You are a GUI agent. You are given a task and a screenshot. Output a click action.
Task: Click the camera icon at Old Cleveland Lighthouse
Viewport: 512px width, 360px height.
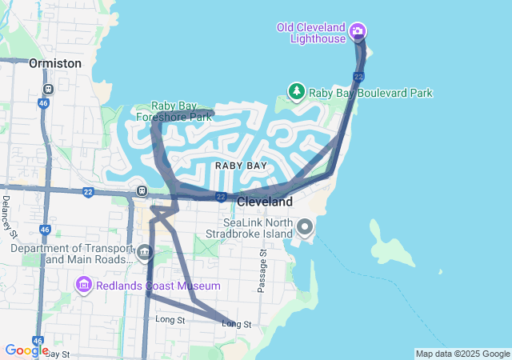tap(358, 32)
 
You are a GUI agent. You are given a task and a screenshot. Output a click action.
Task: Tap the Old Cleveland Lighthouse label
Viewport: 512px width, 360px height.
tap(311, 33)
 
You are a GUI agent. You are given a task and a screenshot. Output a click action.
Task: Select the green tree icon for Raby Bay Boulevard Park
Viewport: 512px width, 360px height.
tap(297, 93)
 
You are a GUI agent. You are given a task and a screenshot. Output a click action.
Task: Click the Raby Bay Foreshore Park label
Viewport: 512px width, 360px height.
tap(182, 111)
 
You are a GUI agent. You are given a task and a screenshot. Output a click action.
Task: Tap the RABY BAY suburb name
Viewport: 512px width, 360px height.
tap(241, 166)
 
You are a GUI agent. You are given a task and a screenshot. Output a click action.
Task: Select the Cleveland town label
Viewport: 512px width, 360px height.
tap(265, 202)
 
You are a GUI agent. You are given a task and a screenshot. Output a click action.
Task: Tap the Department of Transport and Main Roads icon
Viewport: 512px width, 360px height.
tap(144, 254)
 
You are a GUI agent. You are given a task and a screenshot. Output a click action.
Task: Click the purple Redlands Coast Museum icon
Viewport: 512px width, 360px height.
tap(84, 285)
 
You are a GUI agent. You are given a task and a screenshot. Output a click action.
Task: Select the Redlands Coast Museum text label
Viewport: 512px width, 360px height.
tap(159, 286)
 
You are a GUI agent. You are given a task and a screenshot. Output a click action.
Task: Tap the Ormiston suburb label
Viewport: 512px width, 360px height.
tap(54, 62)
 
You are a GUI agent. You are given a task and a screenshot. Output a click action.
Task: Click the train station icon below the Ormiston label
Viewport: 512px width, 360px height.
tap(49, 89)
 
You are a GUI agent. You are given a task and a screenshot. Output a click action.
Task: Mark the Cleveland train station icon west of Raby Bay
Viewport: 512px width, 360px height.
tap(142, 190)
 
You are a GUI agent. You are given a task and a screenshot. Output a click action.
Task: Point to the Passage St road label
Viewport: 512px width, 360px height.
tap(261, 270)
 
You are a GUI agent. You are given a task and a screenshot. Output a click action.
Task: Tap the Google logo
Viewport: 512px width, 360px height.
tap(26, 350)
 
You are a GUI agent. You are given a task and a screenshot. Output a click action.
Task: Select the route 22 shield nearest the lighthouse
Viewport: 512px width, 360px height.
tap(358, 76)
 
